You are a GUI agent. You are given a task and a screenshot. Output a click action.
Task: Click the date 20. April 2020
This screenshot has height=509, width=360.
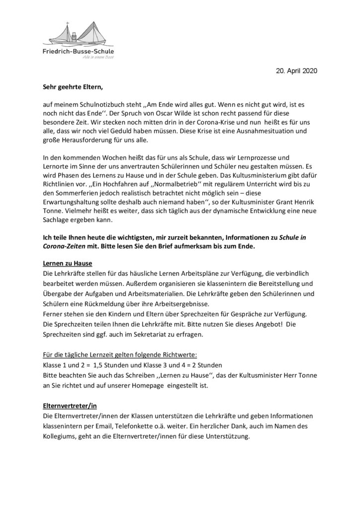pos(296,71)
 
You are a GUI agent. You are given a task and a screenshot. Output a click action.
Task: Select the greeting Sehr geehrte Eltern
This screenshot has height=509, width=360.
pos(72,87)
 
